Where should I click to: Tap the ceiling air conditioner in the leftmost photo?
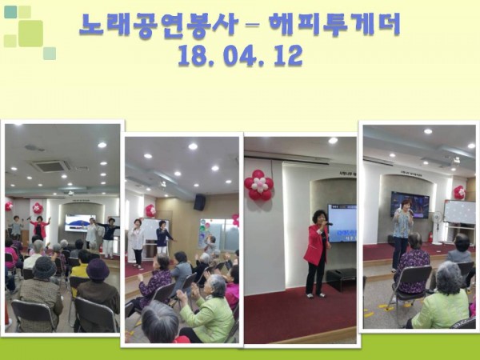tap(50, 166)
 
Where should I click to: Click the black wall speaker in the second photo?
tap(199, 202)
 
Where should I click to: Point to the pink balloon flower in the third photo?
tap(258, 185)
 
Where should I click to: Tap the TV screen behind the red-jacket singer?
tap(343, 222)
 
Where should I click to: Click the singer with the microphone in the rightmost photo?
tap(402, 228)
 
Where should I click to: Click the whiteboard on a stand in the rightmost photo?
tap(459, 213)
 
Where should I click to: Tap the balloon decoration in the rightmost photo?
tap(459, 193)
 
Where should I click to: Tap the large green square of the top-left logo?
tap(30, 33)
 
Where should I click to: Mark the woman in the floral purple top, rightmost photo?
tap(413, 262)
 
